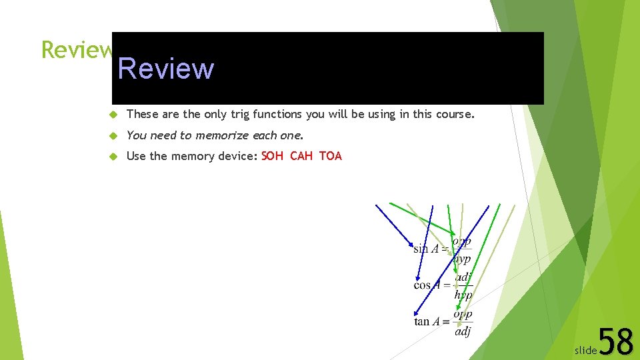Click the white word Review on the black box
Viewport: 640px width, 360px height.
(x=166, y=69)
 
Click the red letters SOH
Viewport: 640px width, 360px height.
(x=272, y=156)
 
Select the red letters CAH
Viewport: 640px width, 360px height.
(x=301, y=156)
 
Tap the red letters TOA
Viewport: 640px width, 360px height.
(x=330, y=156)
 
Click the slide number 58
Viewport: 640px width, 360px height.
(x=616, y=342)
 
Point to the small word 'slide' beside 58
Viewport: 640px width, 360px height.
(x=585, y=350)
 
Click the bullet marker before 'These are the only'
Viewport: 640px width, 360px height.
(x=113, y=115)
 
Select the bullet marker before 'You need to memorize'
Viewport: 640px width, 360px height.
(x=113, y=136)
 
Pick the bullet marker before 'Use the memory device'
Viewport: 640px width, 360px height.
(x=113, y=157)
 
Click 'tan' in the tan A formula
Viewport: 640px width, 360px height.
(x=421, y=321)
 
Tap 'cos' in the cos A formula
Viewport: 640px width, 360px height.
(x=421, y=285)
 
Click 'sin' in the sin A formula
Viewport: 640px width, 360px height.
(x=420, y=249)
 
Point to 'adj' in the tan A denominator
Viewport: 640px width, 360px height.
(x=462, y=331)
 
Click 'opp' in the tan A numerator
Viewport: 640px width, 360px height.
(x=462, y=314)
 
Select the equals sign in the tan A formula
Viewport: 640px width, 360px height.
(x=445, y=321)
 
